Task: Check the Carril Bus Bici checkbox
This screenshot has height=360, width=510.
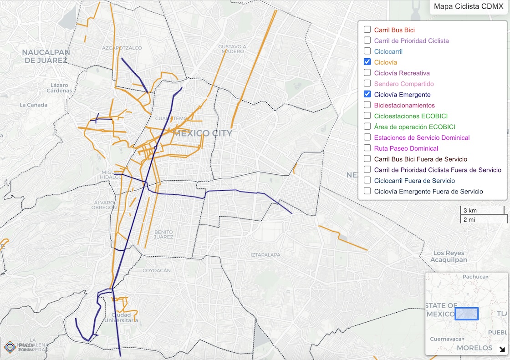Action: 367,30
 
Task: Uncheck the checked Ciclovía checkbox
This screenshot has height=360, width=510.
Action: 367,62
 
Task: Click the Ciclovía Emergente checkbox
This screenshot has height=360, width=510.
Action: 367,94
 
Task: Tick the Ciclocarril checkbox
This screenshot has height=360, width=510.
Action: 367,51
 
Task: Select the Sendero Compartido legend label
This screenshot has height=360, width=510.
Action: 403,84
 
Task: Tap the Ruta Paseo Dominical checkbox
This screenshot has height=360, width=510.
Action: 367,148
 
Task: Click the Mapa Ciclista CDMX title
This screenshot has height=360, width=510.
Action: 469,7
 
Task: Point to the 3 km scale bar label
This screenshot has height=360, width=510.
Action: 470,210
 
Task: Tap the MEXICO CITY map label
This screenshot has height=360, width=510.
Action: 203,133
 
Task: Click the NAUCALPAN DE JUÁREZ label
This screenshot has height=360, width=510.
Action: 46,56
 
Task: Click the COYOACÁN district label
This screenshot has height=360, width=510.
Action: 157,270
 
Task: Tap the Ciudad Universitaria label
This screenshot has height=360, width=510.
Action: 122,318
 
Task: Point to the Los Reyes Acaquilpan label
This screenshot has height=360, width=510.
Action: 449,256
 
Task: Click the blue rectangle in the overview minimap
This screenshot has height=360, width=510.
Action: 466,314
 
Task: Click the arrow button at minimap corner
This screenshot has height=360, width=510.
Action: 502,350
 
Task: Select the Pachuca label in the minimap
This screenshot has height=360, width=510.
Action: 474,276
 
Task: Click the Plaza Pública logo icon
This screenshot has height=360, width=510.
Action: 10,347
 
